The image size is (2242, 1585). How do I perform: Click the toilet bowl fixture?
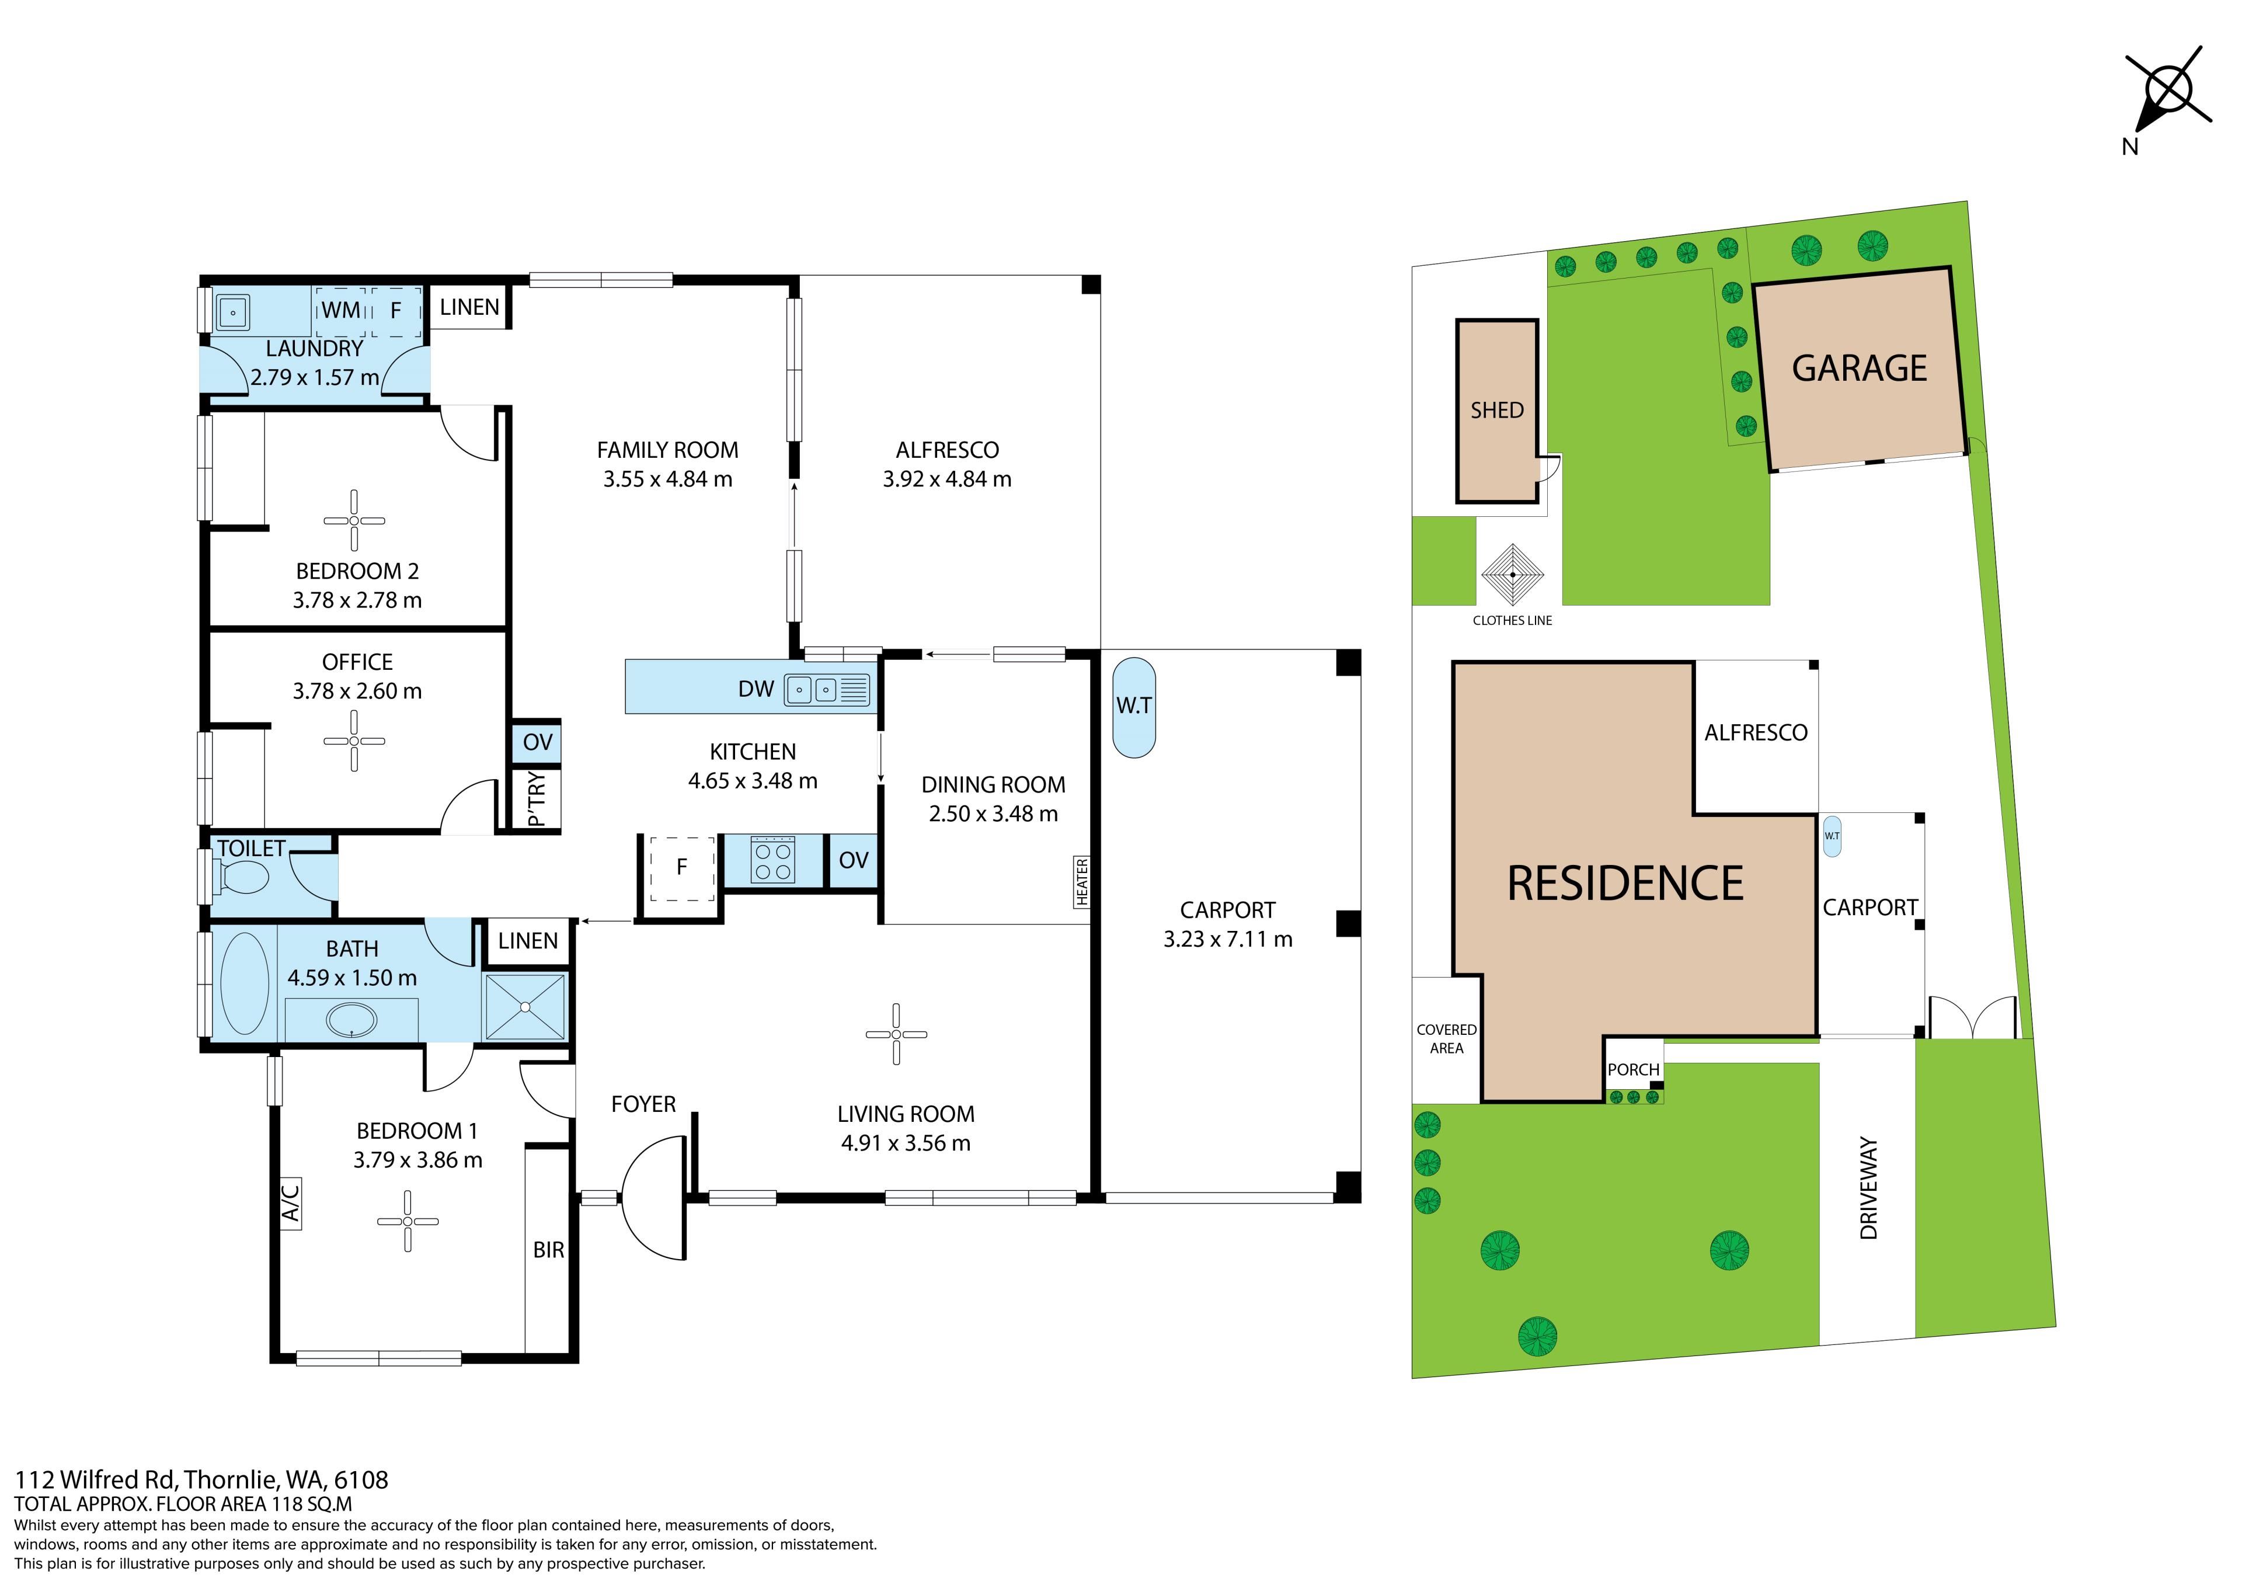point(239,878)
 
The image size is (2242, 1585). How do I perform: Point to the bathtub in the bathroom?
point(245,983)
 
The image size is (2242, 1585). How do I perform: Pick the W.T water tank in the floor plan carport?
point(1134,706)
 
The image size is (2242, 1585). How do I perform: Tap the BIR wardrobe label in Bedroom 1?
point(549,1250)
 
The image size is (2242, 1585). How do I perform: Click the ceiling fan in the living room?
point(896,1034)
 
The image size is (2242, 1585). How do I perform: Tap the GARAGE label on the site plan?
point(1859,368)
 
